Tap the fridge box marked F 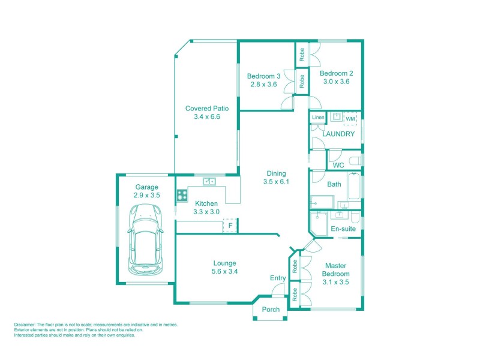(x=230, y=226)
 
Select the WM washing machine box (x=349, y=118)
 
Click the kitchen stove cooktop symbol (x=181, y=194)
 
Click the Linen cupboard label (x=318, y=117)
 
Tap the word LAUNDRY (x=338, y=134)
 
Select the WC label (x=338, y=164)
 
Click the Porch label (x=271, y=310)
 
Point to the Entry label (x=278, y=278)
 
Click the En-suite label (x=343, y=229)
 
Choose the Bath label (x=334, y=184)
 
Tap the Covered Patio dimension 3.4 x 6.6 (x=207, y=117)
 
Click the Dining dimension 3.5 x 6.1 (x=277, y=181)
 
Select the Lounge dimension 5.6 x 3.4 (x=225, y=271)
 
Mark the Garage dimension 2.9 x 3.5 (x=146, y=195)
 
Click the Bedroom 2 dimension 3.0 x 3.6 (x=336, y=82)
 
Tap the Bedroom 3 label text (x=263, y=76)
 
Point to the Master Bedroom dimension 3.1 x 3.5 (x=336, y=282)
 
